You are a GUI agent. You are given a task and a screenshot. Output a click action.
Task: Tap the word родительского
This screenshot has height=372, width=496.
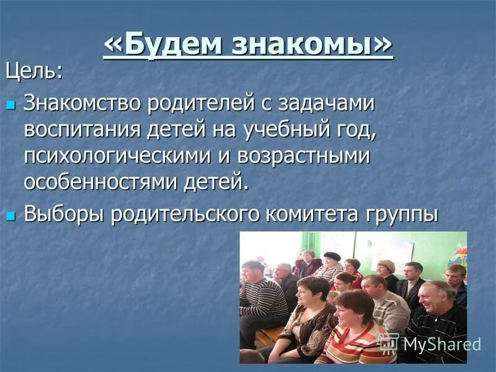(187, 215)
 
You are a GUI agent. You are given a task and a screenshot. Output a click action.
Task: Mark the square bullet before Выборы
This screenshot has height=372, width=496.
(10, 215)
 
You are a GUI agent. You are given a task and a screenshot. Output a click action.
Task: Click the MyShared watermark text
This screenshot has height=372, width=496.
(440, 344)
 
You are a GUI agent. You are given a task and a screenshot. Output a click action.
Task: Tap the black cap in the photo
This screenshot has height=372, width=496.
(332, 256)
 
